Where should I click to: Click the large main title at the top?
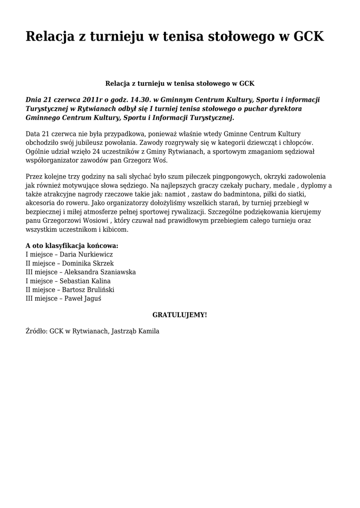click(x=175, y=37)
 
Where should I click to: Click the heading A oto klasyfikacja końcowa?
click(x=72, y=246)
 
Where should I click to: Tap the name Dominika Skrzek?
click(x=88, y=263)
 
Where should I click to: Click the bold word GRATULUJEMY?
click(x=180, y=315)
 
